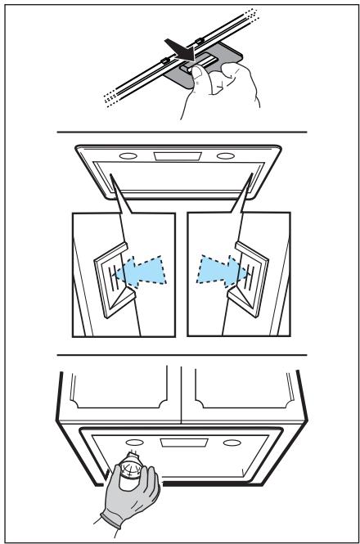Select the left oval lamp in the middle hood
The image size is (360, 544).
(x=127, y=157)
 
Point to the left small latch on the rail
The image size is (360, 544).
(x=166, y=62)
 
